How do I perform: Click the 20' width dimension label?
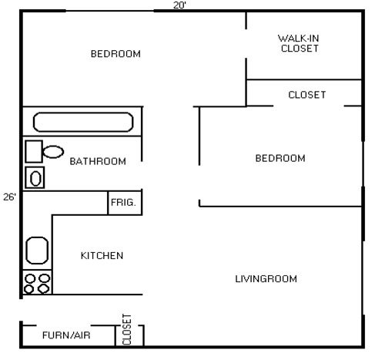pyautogui.click(x=179, y=5)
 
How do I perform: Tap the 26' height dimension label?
pyautogui.click(x=9, y=197)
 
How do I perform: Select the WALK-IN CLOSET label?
pyautogui.click(x=297, y=43)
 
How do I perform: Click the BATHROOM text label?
pyautogui.click(x=98, y=162)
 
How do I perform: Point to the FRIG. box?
pyautogui.click(x=123, y=203)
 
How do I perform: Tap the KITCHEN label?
pyautogui.click(x=102, y=256)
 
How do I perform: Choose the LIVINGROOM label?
pyautogui.click(x=266, y=278)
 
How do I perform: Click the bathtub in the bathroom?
pyautogui.click(x=82, y=122)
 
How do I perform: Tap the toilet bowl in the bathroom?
pyautogui.click(x=52, y=151)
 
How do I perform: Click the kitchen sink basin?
pyautogui.click(x=37, y=250)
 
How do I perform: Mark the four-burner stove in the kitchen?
pyautogui.click(x=37, y=283)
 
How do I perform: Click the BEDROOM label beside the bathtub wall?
pyautogui.click(x=115, y=54)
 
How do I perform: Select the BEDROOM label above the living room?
pyautogui.click(x=280, y=158)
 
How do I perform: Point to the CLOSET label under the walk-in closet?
pyautogui.click(x=306, y=95)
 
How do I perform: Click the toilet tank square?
pyautogui.click(x=33, y=150)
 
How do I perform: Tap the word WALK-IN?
pyautogui.click(x=297, y=38)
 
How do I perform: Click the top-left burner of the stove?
pyautogui.click(x=31, y=278)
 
